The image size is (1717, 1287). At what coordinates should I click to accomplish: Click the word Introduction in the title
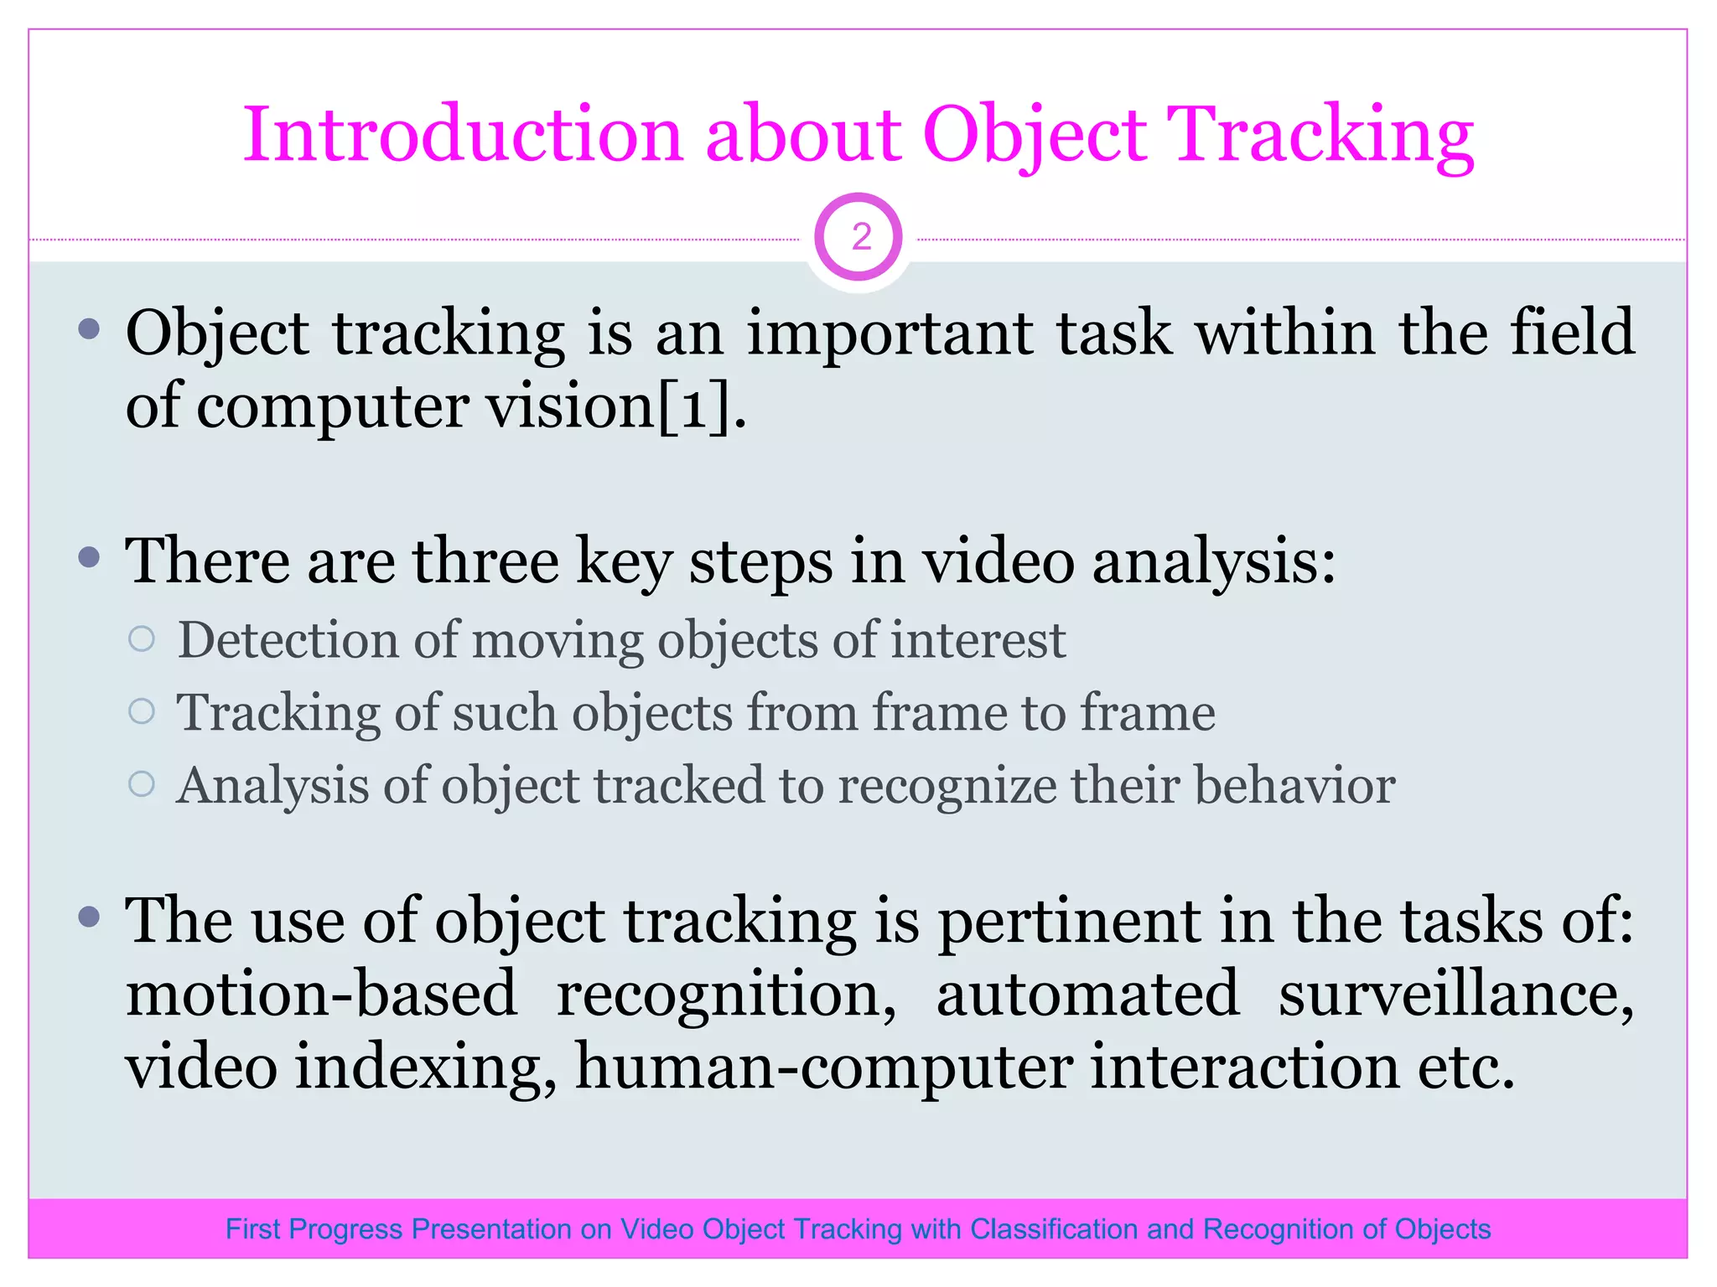pos(462,134)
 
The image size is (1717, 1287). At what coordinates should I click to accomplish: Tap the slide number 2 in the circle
pos(860,238)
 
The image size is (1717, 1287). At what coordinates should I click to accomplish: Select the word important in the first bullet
pos(890,334)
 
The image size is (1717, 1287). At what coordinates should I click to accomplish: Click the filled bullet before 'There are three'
pos(89,557)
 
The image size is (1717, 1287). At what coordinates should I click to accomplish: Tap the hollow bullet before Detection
pos(142,639)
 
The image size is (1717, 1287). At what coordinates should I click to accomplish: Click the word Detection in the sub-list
pos(288,640)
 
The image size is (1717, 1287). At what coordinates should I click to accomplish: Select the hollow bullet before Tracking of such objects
pos(142,712)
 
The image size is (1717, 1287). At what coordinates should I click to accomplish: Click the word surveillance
pos(1455,995)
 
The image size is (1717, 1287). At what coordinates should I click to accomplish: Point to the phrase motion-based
pos(321,995)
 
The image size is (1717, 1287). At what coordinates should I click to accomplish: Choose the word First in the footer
pos(252,1229)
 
